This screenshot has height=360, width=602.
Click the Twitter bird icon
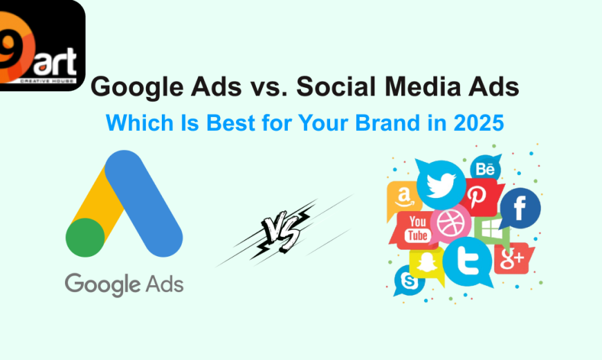[x=441, y=183]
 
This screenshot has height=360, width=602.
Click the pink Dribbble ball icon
[x=450, y=224]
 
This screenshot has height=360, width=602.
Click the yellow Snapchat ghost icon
[x=425, y=264]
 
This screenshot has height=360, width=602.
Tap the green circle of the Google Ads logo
[x=85, y=237]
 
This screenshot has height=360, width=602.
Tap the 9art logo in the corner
[x=41, y=45]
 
